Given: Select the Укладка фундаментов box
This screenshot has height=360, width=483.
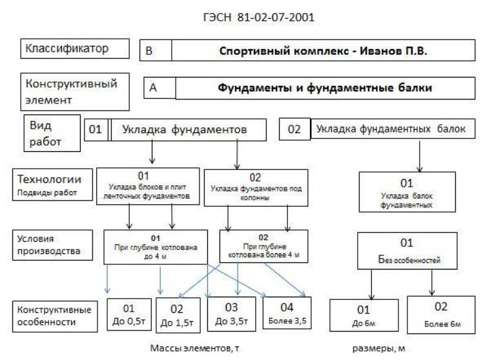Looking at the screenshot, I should pos(188,130).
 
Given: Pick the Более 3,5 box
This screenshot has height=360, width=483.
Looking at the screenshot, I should pos(287,313).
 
